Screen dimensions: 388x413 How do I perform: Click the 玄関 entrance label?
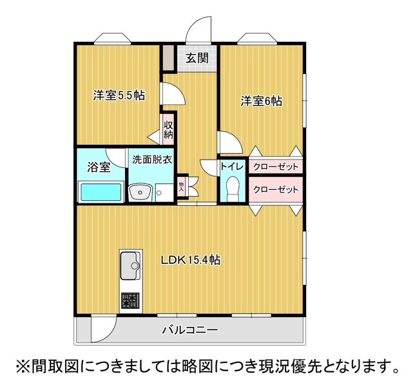coord(197,58)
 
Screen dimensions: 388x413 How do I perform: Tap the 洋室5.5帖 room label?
coord(118,96)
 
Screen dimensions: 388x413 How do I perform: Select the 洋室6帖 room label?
coord(262,101)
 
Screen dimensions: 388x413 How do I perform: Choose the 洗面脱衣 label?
coord(152,160)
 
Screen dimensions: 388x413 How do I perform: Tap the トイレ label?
coord(232,167)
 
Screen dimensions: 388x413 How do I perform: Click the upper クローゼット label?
coord(276,167)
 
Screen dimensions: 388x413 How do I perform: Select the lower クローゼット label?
coord(276,190)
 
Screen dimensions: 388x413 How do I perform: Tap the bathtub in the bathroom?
coord(101,192)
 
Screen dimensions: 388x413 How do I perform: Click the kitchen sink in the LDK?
coord(131,265)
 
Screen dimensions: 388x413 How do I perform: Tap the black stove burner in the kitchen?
coord(130,300)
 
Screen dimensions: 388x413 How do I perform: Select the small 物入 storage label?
coord(182,187)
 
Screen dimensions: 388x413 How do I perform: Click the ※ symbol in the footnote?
coord(23,367)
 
